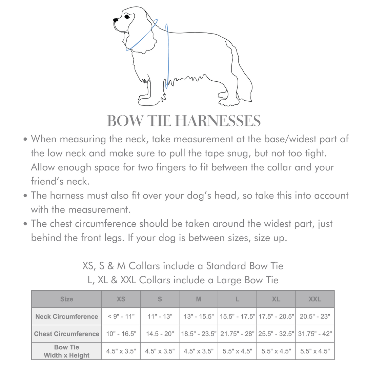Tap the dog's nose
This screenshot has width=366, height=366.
[115, 20]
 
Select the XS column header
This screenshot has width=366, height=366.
[121, 299]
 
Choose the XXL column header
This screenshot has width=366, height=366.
[315, 299]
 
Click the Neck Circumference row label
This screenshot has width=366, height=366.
[67, 317]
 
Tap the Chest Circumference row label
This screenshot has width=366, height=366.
[67, 334]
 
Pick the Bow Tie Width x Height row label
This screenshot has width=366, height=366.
[67, 351]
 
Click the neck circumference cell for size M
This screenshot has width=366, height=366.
[199, 317]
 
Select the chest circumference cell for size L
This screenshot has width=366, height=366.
[237, 334]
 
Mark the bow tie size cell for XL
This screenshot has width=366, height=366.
[276, 351]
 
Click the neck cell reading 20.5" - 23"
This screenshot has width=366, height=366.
[315, 317]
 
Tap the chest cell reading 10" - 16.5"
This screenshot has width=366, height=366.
[121, 334]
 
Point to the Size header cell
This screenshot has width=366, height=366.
[67, 299]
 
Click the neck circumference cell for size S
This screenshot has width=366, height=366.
[160, 317]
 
